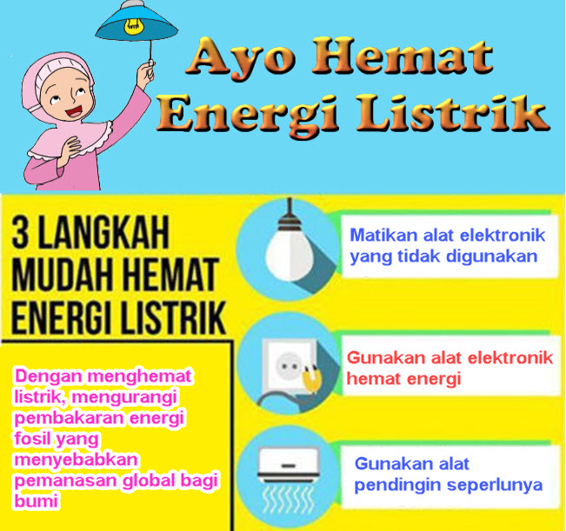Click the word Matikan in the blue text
(x=381, y=236)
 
